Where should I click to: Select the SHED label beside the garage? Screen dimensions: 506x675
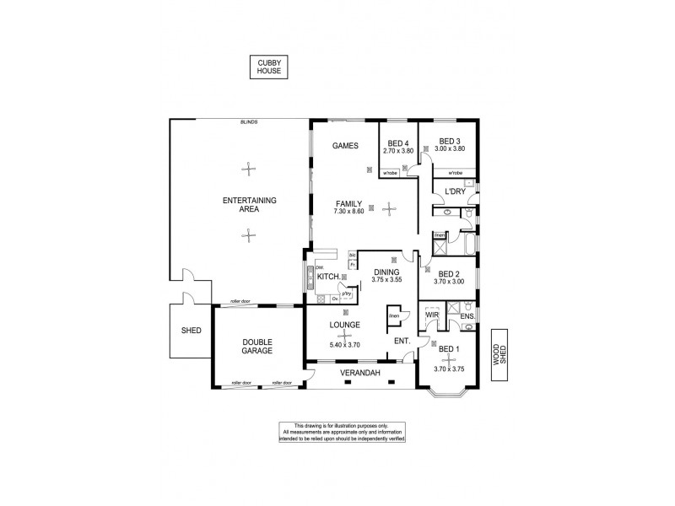coord(191,330)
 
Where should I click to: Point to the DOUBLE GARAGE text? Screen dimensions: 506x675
coord(256,345)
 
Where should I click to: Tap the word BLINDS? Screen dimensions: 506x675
coord(248,123)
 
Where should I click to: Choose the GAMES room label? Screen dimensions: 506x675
coord(345,145)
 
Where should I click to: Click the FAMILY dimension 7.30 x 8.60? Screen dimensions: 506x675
coord(349,211)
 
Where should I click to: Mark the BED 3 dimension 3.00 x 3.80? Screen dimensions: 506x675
coord(450,149)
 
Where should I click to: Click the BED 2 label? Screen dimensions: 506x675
coord(449,273)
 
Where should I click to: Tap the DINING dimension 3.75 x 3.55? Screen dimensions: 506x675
coord(388,279)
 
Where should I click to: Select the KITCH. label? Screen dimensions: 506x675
coord(328,277)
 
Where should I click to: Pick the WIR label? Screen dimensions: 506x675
coord(433,315)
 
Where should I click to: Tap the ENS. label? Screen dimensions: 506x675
coord(467,316)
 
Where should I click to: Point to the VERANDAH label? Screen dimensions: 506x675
coord(360,373)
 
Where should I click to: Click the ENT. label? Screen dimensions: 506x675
coord(402,340)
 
